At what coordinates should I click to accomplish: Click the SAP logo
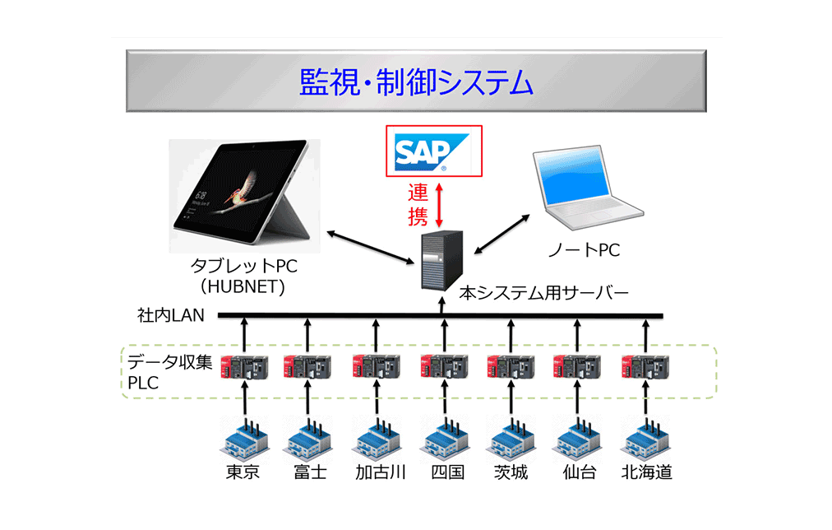[432, 151]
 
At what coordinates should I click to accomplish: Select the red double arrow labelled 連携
[440, 205]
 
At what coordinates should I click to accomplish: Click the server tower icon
[441, 258]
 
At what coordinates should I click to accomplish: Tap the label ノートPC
[584, 250]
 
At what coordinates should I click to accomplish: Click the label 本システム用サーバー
[543, 292]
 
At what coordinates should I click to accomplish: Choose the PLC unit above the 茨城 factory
[511, 365]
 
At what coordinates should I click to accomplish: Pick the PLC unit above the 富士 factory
[307, 365]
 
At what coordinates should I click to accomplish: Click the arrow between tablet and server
[369, 248]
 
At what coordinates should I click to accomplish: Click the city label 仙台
[579, 472]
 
